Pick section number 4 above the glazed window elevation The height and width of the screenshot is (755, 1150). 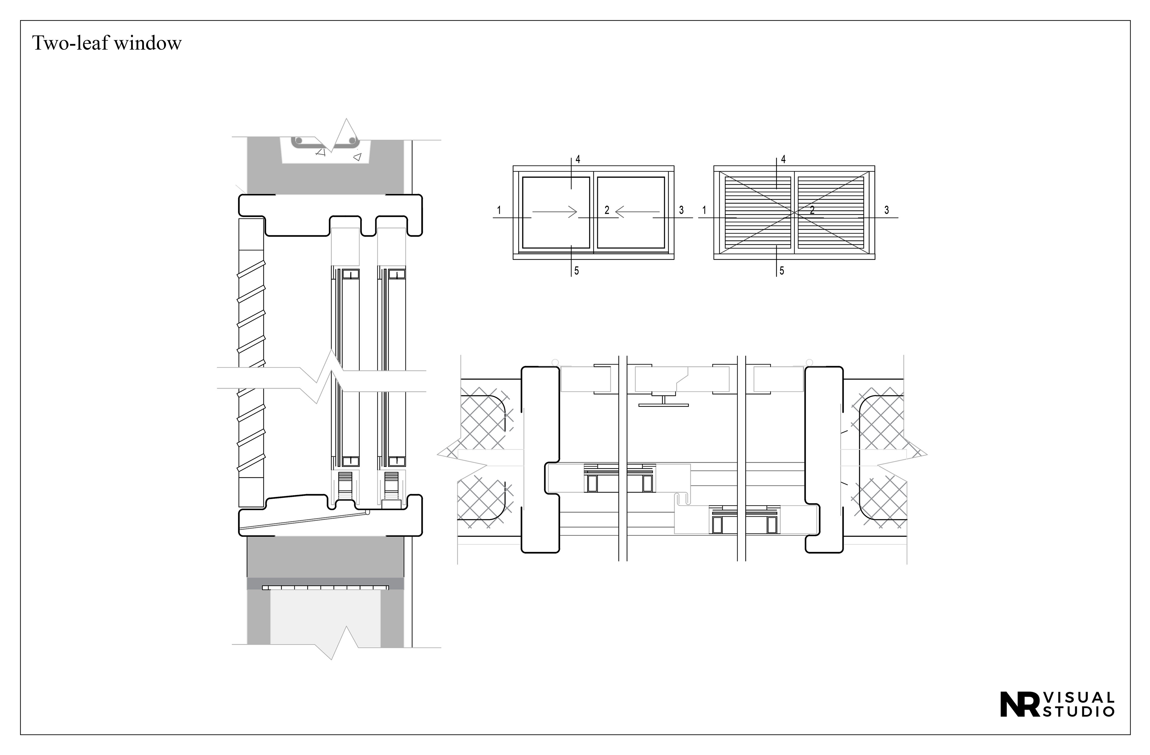[x=578, y=160]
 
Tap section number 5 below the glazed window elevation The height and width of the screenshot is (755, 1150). [x=576, y=271]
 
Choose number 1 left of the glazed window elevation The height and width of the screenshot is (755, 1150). [x=499, y=210]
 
